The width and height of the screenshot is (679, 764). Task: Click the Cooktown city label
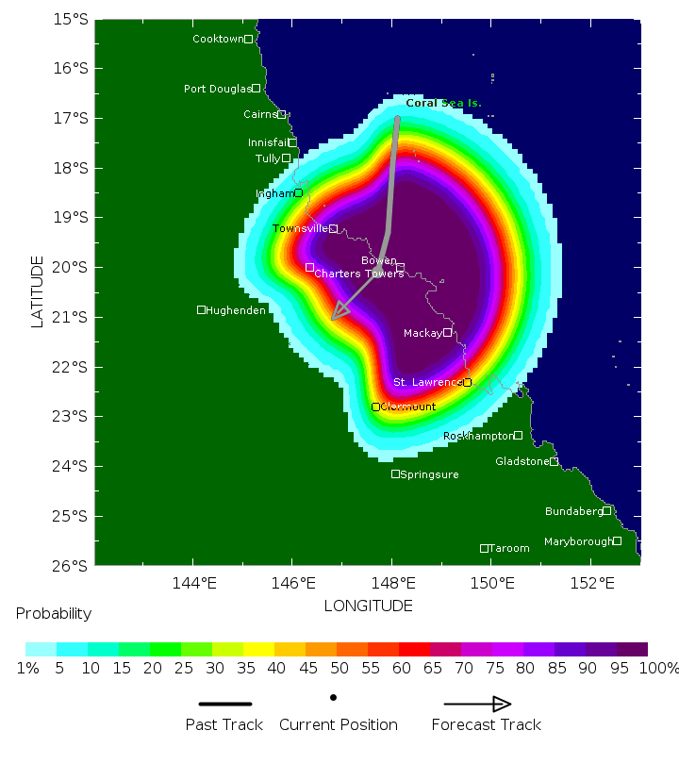click(217, 39)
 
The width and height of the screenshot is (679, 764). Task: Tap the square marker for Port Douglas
click(256, 89)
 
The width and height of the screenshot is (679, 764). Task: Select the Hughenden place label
click(236, 310)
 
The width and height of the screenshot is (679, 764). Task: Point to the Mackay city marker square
click(448, 333)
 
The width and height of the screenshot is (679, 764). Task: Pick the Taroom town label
click(510, 548)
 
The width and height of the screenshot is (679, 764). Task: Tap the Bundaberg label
click(573, 511)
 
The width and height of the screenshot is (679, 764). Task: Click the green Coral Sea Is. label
click(443, 103)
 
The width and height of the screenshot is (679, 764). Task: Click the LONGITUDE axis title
click(369, 605)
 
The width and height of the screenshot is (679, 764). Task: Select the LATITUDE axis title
click(38, 291)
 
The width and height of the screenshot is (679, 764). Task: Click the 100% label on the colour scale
click(659, 669)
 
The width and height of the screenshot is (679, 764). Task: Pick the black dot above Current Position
click(333, 698)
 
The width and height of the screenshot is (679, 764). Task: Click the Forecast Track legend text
click(486, 724)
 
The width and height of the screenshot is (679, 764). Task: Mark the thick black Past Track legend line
click(225, 704)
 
